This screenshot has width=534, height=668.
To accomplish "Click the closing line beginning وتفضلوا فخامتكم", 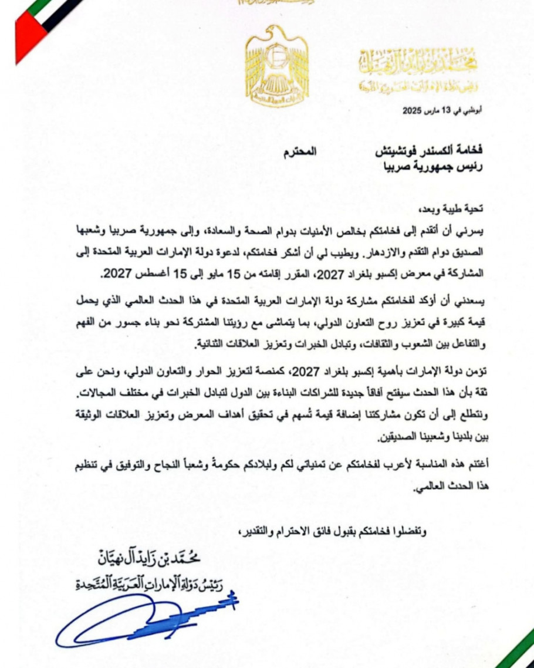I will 334,533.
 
